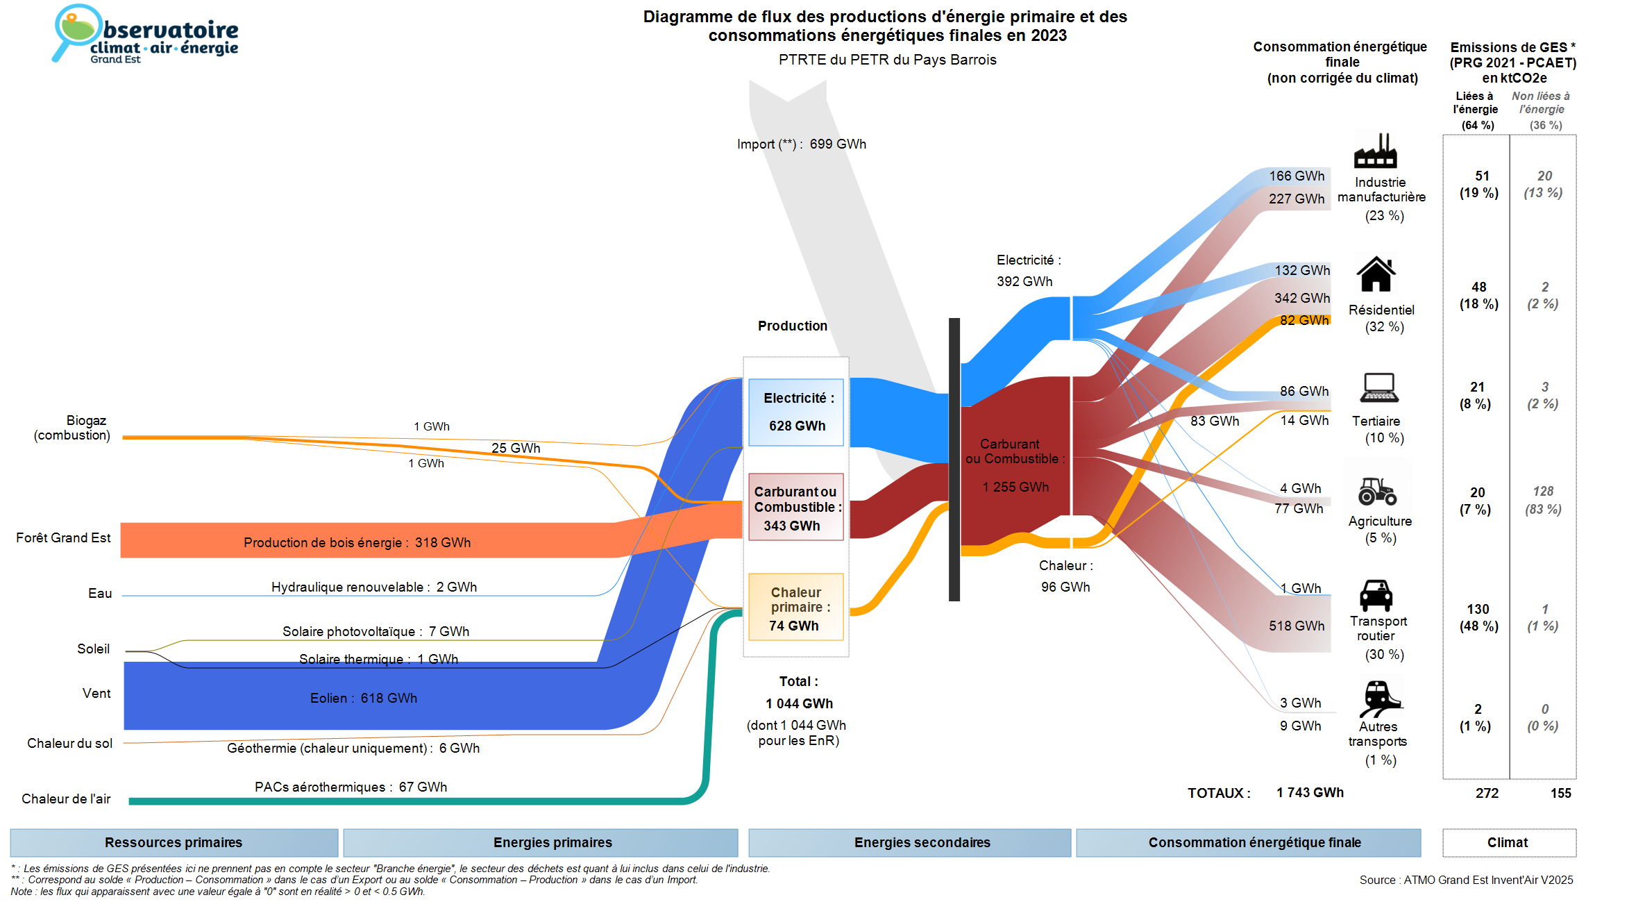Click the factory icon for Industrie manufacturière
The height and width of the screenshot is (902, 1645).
[1375, 151]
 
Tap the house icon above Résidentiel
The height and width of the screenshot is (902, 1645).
[1376, 274]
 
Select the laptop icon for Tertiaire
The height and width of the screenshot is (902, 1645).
[1379, 388]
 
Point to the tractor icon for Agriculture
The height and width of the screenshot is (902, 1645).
[1377, 492]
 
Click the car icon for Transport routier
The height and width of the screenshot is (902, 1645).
[1376, 595]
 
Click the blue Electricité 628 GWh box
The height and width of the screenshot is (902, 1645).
[795, 412]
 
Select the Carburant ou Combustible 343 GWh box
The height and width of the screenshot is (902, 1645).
[795, 507]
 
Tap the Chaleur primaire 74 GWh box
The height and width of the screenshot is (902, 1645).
[795, 607]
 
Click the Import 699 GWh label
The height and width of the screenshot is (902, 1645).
[802, 144]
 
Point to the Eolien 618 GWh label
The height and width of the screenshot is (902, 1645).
[363, 698]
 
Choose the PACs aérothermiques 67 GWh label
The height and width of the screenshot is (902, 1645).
[351, 787]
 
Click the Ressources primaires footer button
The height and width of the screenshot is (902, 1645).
[174, 842]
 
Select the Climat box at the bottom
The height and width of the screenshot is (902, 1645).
[1508, 842]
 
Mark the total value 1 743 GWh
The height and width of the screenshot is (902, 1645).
[1310, 792]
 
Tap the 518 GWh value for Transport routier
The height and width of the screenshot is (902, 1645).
[1297, 626]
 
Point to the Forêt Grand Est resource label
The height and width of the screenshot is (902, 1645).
[63, 537]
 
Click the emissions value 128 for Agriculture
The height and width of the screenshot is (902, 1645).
[1543, 492]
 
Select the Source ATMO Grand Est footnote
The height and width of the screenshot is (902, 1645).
[1466, 880]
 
